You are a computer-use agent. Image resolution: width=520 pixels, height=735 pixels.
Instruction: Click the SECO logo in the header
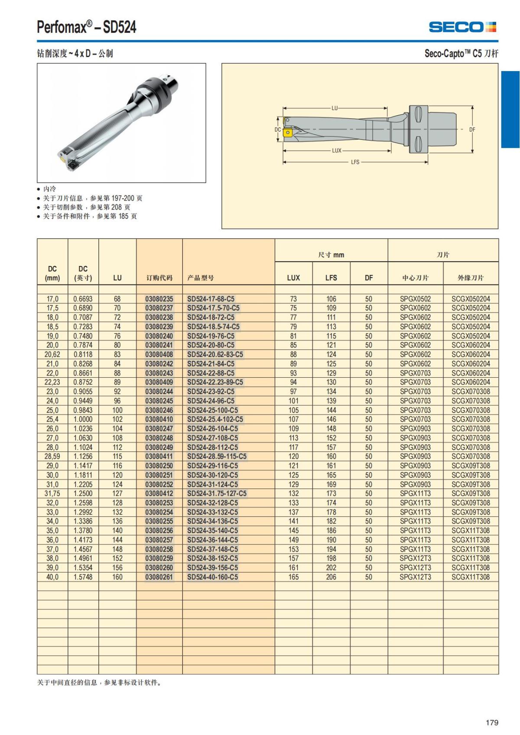click(x=462, y=27)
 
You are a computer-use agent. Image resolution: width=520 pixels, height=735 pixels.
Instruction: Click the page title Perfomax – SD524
click(x=87, y=27)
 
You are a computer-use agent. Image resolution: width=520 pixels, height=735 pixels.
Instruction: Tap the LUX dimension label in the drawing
click(x=337, y=151)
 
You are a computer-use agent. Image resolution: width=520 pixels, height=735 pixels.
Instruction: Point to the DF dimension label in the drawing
click(x=472, y=130)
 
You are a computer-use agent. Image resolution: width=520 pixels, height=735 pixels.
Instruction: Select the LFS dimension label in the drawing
click(x=355, y=162)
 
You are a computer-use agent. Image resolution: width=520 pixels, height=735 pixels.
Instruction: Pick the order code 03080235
click(x=159, y=299)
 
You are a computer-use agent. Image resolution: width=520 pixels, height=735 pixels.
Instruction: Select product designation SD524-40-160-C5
click(x=212, y=577)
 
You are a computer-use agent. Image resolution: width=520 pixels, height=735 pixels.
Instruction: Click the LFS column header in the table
click(x=331, y=278)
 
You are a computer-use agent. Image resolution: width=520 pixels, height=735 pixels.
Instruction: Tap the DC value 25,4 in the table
click(x=52, y=419)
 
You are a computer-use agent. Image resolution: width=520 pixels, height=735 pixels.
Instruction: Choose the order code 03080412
click(x=159, y=493)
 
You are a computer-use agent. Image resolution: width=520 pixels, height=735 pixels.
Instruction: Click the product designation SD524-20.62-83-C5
click(x=215, y=354)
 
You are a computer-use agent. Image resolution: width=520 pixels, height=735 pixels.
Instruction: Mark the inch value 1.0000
click(x=83, y=419)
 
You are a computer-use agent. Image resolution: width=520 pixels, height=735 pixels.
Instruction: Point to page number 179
click(x=492, y=722)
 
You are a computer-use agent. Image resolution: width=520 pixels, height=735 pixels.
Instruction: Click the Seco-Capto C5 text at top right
click(x=461, y=54)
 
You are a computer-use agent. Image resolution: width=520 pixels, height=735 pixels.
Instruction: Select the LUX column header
click(x=293, y=278)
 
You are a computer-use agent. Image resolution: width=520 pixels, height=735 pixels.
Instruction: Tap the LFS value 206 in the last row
click(x=331, y=577)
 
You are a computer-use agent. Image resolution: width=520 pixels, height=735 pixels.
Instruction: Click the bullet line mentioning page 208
click(x=86, y=207)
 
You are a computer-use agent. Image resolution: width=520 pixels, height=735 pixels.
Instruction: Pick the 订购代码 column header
click(x=159, y=278)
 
